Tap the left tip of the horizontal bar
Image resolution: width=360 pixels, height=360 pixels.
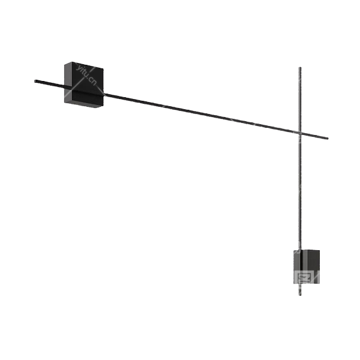[34, 79]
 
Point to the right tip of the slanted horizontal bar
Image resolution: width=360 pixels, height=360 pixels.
[329, 139]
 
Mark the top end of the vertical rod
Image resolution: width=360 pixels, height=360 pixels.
[299, 67]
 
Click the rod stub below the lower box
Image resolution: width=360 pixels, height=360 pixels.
[299, 292]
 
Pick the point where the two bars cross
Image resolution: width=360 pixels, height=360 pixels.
[299, 133]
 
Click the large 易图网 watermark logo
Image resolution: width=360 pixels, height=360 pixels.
[304, 279]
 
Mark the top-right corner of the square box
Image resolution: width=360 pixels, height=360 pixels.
[106, 67]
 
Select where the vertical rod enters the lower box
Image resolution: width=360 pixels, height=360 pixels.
[299, 248]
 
